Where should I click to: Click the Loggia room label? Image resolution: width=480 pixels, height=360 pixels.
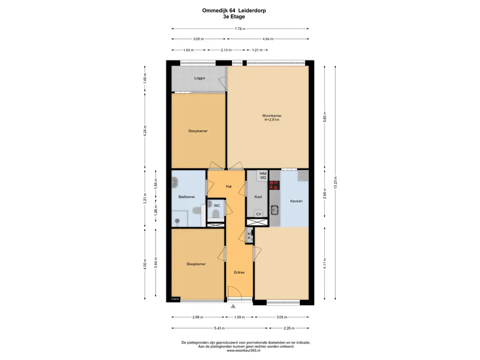coord(200,78)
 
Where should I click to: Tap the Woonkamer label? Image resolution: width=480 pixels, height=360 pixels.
coord(272,116)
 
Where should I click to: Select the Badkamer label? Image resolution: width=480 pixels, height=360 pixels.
coord(187,197)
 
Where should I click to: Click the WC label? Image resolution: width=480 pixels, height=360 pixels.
coord(217,206)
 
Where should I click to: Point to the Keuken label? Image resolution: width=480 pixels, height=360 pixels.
coord(296,201)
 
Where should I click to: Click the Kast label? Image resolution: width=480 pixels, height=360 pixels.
coord(258,197)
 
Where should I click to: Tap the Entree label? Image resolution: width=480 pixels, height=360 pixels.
coord(240,272)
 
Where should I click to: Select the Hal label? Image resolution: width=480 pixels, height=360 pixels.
coord(229,187)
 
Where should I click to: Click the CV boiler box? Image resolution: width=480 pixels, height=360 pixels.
coord(259,214)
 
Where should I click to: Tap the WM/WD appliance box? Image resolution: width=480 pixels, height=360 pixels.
coord(263,176)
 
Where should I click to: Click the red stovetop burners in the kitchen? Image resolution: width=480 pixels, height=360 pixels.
coord(274,185)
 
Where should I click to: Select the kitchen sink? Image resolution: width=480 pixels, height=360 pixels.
coord(274,210)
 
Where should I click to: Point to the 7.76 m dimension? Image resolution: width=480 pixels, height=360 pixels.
coord(240,29)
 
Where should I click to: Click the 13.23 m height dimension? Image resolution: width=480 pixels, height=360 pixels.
coord(336,183)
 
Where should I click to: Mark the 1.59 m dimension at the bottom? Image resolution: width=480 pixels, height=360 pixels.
coord(240,317)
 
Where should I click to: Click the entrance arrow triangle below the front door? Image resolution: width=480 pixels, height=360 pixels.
coord(233,306)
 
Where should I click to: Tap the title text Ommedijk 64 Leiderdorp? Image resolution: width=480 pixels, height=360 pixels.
coord(234,10)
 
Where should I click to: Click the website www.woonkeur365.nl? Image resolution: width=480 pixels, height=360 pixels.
coord(246,351)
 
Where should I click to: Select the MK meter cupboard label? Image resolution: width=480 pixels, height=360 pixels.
coord(249,236)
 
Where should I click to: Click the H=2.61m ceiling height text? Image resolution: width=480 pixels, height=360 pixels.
coord(272,120)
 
